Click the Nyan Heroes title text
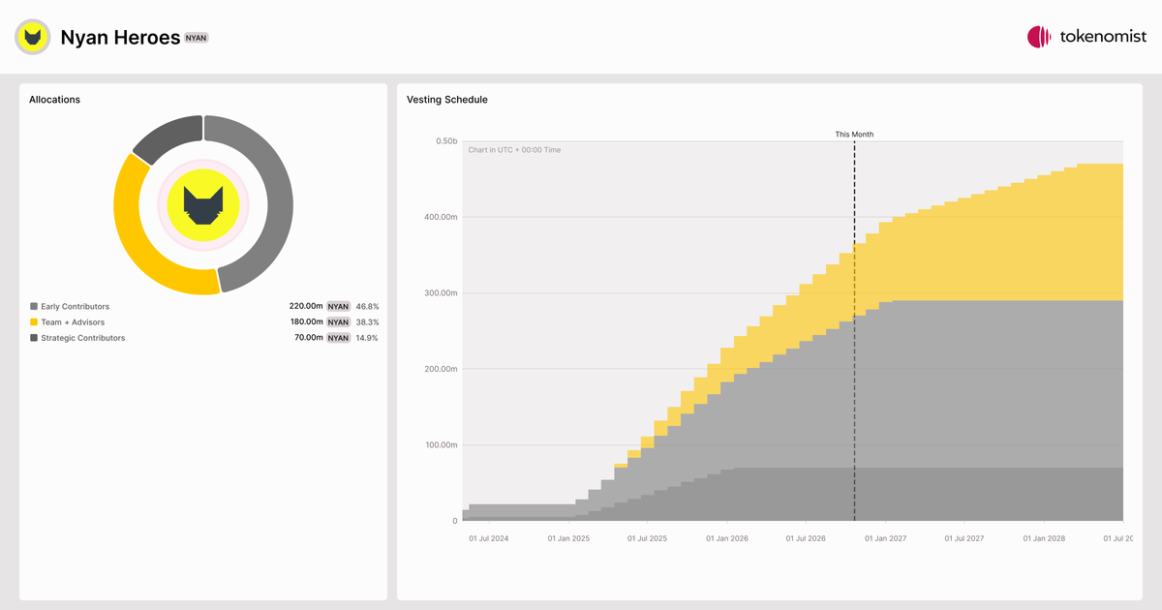(x=120, y=38)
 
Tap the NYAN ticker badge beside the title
(x=196, y=38)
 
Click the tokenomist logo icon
(x=1038, y=37)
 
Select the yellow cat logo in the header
(x=33, y=37)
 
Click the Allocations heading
(x=54, y=100)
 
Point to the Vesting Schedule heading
(x=447, y=100)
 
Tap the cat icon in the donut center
(x=203, y=205)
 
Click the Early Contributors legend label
(x=76, y=307)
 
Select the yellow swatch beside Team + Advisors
(x=34, y=322)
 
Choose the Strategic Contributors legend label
(x=83, y=338)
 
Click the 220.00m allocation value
(x=306, y=306)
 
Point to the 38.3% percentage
(x=367, y=322)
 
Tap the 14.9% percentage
(x=367, y=338)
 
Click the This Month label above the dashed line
(x=854, y=135)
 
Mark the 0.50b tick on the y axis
(x=446, y=141)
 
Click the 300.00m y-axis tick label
(x=441, y=293)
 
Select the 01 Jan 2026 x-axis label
(x=727, y=538)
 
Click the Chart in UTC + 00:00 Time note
(x=514, y=150)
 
